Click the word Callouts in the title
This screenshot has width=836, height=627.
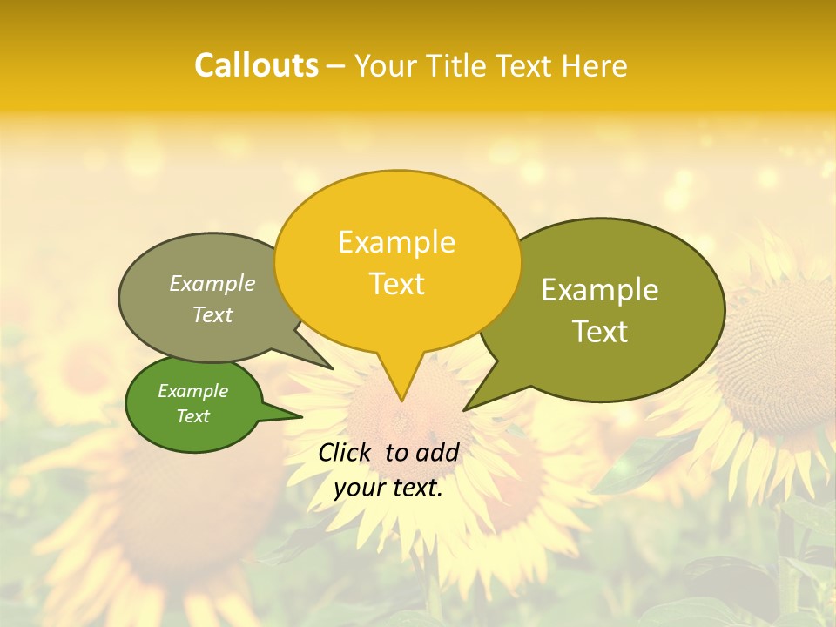click(x=256, y=65)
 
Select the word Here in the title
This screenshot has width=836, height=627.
click(x=595, y=65)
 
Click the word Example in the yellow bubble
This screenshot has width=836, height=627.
click(x=396, y=242)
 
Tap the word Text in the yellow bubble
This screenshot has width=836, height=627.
click(x=396, y=284)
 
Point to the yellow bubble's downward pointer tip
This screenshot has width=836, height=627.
click(x=401, y=400)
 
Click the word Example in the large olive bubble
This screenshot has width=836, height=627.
click(x=600, y=290)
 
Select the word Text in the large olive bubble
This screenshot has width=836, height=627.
click(x=600, y=332)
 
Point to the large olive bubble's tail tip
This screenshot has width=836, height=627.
click(x=465, y=409)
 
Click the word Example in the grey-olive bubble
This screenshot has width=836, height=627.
click(x=212, y=284)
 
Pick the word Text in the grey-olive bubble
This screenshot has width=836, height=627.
click(x=212, y=315)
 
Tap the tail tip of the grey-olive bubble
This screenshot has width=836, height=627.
click(x=332, y=368)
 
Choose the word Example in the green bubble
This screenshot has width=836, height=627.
click(x=192, y=391)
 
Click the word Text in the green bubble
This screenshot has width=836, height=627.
click(x=192, y=416)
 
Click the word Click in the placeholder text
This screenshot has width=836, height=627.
click(x=347, y=452)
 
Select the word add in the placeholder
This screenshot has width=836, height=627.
click(x=437, y=452)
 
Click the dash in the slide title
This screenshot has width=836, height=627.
click(x=336, y=66)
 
